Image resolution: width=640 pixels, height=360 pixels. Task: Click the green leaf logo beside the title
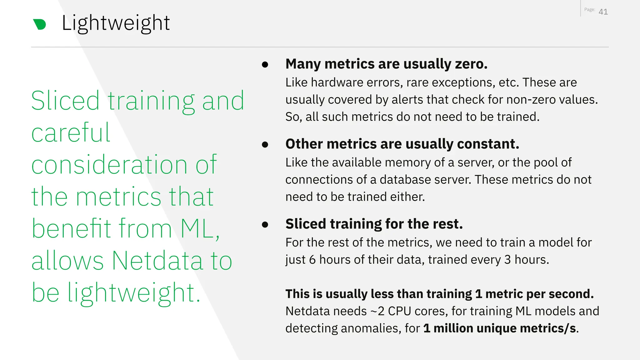(40, 24)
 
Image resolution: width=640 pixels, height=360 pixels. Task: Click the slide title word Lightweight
(116, 23)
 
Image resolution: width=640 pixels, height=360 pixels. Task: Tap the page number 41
(603, 12)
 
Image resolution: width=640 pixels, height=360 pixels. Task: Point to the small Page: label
(590, 10)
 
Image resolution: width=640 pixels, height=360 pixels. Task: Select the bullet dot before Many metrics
(265, 64)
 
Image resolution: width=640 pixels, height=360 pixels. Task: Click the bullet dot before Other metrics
(265, 144)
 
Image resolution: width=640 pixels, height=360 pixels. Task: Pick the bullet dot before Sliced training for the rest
(265, 224)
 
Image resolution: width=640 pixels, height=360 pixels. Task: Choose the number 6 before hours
(312, 260)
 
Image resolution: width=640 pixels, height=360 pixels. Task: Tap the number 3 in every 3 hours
(507, 260)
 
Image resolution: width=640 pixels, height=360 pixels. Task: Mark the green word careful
(71, 133)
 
